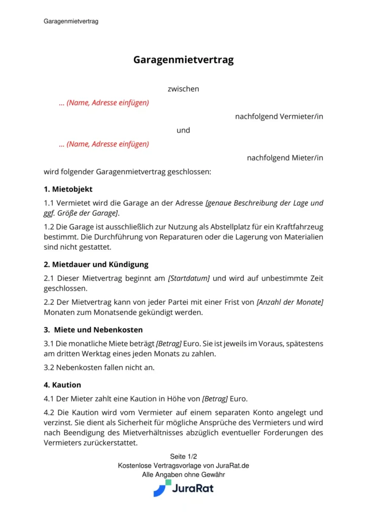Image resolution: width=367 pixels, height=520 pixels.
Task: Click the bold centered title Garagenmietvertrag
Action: (183, 60)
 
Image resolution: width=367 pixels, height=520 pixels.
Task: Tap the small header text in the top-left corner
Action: (71, 21)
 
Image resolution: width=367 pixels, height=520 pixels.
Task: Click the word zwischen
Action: (183, 89)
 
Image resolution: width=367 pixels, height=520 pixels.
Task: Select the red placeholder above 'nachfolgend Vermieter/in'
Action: (104, 103)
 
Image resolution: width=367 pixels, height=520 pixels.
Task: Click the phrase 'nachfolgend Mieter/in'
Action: (285, 158)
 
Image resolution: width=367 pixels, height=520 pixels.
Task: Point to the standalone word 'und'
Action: (183, 130)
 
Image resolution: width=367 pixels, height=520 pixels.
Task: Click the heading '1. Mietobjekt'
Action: (68, 189)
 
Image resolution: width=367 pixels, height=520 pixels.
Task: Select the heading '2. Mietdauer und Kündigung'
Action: (96, 264)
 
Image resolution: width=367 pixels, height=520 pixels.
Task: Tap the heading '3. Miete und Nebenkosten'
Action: (93, 330)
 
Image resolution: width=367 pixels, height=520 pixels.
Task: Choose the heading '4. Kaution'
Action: (62, 385)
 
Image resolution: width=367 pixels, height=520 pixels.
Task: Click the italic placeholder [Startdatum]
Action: (189, 278)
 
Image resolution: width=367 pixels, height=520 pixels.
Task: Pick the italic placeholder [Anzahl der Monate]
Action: (290, 302)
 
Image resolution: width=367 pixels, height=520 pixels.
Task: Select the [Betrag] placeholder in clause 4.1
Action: (215, 399)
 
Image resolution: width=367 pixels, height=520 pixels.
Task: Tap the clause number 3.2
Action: (50, 367)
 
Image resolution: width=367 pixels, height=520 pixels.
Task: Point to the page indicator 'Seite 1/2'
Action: (183, 457)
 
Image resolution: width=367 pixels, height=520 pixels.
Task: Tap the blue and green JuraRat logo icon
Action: (162, 488)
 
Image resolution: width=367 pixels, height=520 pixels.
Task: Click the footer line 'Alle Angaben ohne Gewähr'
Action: (183, 475)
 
